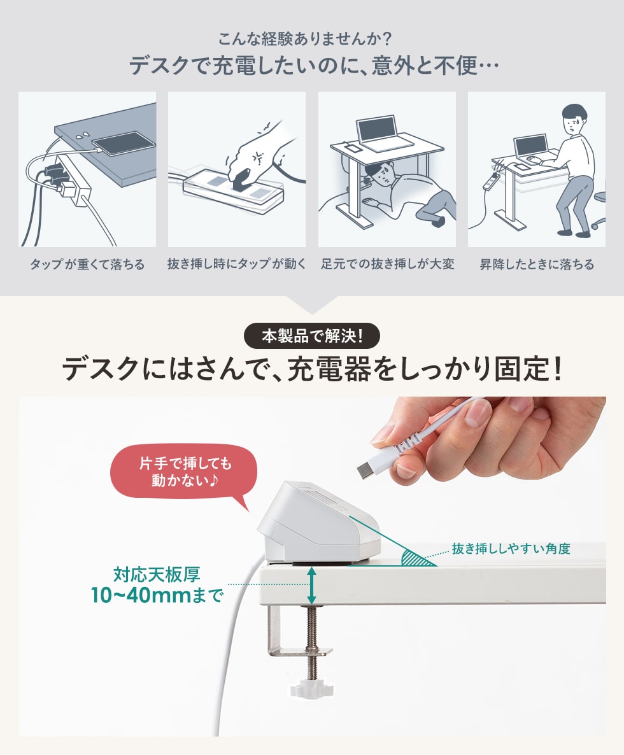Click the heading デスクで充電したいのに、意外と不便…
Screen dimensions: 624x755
pos(314,66)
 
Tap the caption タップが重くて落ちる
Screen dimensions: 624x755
pos(87,264)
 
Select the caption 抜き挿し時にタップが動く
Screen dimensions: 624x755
pos(236,264)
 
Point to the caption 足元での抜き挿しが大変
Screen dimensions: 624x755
pos(388,264)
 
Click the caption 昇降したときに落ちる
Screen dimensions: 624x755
pos(537,264)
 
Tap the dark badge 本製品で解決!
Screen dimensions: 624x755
pos(312,336)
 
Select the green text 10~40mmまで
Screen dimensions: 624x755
pos(157,596)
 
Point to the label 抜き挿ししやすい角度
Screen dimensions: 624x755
pos(511,549)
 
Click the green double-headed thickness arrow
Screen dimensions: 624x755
pos(312,586)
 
